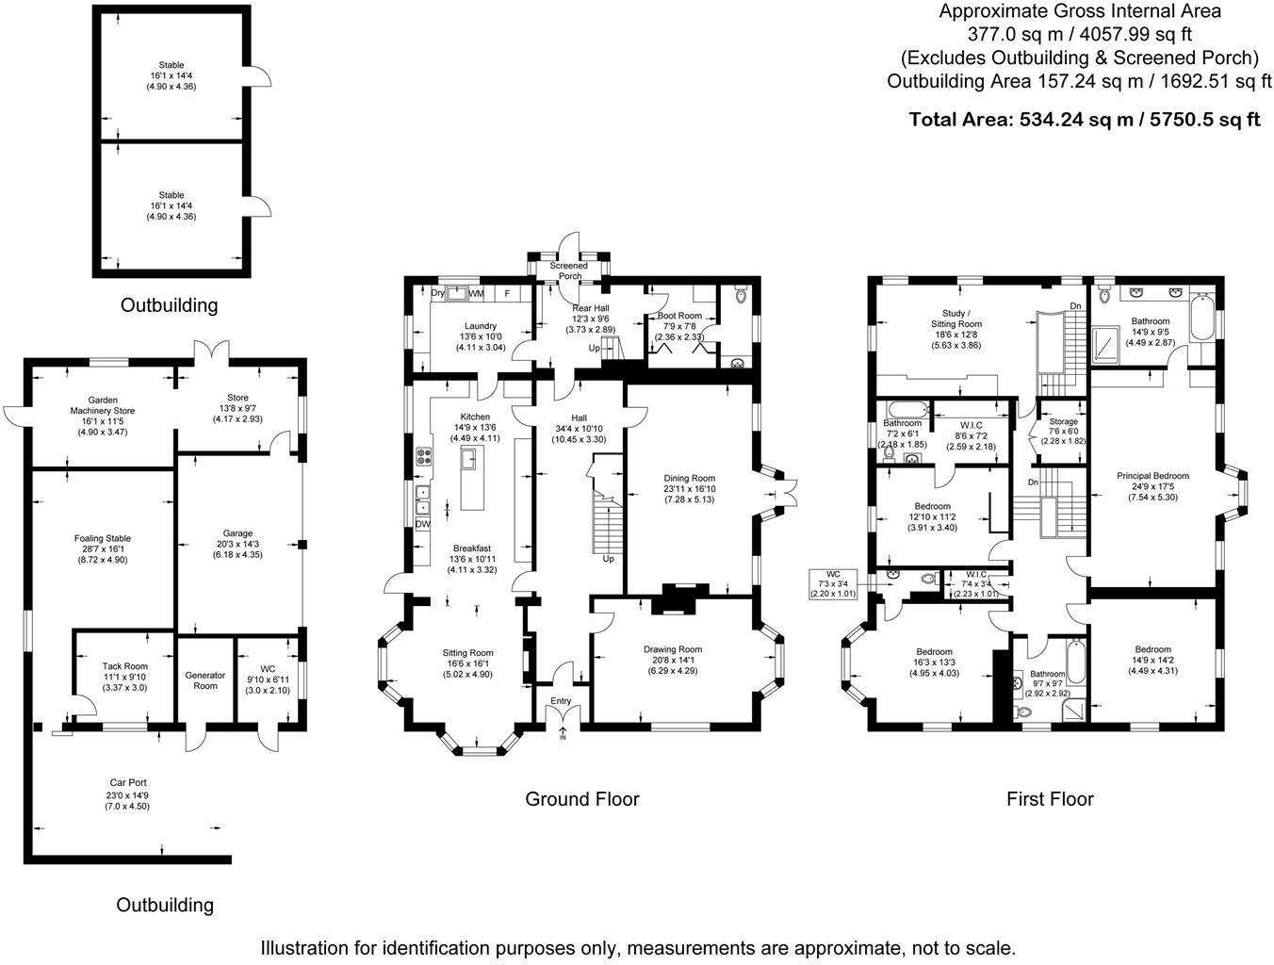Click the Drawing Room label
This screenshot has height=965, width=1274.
click(673, 649)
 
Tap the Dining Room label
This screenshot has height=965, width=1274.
click(690, 479)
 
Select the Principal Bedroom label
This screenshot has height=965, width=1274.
click(1152, 476)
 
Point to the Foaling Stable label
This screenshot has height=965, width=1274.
click(102, 539)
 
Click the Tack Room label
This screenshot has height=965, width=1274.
click(124, 666)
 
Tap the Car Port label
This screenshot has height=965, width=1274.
click(126, 783)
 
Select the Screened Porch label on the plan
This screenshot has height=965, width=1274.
click(568, 271)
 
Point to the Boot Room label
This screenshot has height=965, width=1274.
click(679, 317)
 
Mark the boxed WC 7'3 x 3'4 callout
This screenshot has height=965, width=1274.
click(832, 583)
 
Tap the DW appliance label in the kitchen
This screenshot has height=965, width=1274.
click(422, 524)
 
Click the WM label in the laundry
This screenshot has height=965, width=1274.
click(477, 294)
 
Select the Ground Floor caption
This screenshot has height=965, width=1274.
click(581, 799)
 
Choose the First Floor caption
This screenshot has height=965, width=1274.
click(1050, 799)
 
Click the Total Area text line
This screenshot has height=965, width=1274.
click(1084, 120)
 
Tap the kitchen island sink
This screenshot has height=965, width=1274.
click(468, 459)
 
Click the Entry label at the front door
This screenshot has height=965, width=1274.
click(561, 701)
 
